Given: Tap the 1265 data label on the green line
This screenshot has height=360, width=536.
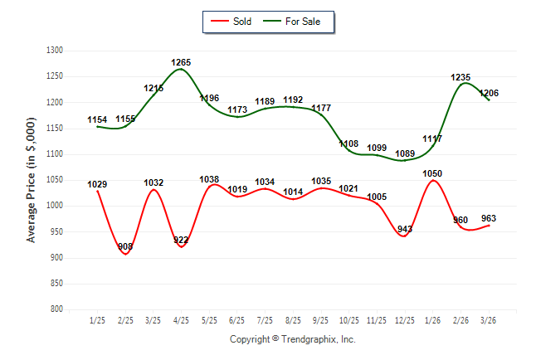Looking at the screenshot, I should [x=182, y=62].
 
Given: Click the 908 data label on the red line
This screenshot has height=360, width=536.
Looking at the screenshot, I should [x=125, y=246].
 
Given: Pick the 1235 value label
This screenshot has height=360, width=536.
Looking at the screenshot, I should [x=460, y=77].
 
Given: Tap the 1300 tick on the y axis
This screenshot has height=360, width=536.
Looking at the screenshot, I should [x=55, y=51].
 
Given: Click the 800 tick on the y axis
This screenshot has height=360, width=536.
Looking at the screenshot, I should [x=57, y=309].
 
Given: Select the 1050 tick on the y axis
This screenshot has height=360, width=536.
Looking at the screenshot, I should [x=55, y=180].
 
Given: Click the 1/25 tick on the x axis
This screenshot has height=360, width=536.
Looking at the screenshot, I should [x=97, y=320].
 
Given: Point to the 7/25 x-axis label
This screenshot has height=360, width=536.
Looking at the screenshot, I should [x=266, y=320].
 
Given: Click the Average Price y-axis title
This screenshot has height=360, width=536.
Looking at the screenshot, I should [x=32, y=179].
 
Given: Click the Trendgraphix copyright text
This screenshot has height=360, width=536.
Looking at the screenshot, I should [x=292, y=339].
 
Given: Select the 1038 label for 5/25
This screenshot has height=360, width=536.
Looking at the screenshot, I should [x=209, y=179].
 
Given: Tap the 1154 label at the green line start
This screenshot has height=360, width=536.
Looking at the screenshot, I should [x=97, y=120].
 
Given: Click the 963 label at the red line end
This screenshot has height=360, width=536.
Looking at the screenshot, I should [x=489, y=218].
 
